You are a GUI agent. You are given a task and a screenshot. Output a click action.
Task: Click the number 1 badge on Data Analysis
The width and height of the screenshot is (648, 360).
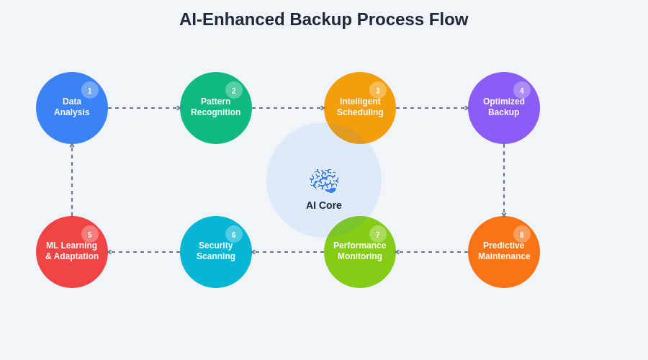coord(90,90)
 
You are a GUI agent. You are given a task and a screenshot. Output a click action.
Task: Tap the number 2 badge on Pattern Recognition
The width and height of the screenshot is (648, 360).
coord(234,90)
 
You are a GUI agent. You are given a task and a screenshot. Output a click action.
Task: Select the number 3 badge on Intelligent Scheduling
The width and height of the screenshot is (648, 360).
coord(378,90)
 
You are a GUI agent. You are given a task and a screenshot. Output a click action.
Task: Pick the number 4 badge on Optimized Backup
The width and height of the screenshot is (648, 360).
coord(522,90)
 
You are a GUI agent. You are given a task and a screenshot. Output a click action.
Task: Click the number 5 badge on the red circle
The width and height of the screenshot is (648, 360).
coord(90,234)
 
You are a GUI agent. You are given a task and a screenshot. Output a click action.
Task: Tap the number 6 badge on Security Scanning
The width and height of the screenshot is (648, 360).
coord(234,234)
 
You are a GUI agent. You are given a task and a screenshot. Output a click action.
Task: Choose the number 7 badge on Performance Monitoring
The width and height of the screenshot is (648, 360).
coord(378,234)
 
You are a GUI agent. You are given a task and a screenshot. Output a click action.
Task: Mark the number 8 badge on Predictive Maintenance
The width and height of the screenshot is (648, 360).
coord(522,234)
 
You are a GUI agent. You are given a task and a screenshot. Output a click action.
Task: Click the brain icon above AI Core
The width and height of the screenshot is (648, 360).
coord(324,181)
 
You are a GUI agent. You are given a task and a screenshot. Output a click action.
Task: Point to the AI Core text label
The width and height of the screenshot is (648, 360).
coord(324,205)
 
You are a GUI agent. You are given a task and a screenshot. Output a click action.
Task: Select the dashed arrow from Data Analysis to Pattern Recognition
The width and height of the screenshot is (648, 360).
coord(144,108)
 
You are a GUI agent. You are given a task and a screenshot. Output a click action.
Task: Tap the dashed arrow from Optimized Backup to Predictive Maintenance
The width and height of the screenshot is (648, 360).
coord(504,180)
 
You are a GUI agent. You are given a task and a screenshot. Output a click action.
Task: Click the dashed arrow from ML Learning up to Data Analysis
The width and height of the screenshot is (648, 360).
coord(72,180)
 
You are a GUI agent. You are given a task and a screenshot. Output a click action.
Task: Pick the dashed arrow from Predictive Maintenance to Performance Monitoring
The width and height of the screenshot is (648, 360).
coord(432,252)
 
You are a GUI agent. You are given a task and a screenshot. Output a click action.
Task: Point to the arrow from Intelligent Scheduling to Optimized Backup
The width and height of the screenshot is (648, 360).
coord(432,108)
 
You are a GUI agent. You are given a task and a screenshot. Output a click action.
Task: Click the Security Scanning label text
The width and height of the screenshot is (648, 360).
coord(216,251)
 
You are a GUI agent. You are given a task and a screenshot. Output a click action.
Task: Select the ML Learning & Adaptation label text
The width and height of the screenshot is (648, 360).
coord(72,251)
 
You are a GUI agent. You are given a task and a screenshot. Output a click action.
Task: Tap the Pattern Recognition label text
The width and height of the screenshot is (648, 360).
coord(216,107)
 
